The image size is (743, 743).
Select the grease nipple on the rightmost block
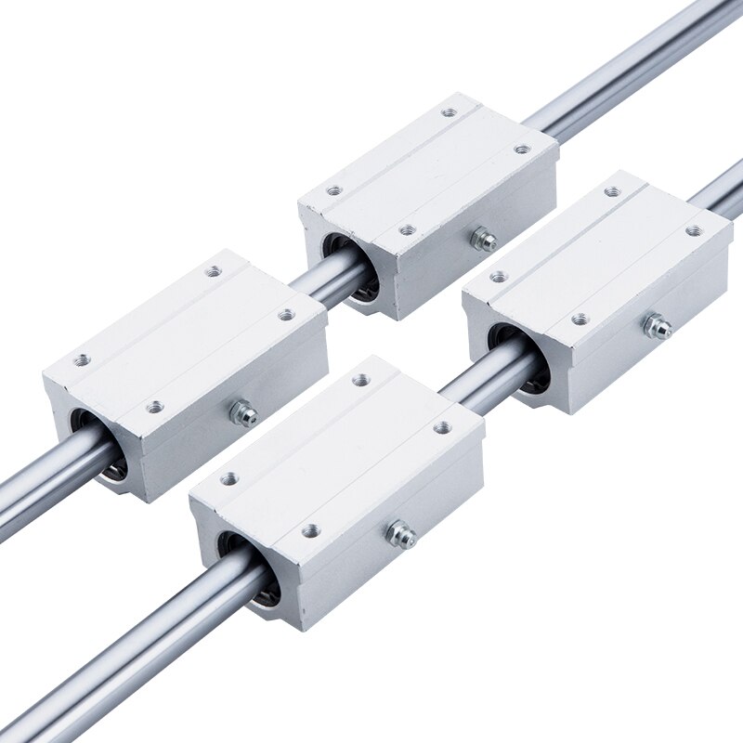(658, 327)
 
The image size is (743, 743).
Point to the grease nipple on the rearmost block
(482, 240)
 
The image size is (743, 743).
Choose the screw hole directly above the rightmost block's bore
(499, 276)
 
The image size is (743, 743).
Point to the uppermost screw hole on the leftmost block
(215, 271)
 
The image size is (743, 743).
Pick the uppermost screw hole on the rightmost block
(612, 192)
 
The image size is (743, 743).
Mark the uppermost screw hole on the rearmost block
(450, 112)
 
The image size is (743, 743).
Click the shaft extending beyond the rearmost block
(632, 65)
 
